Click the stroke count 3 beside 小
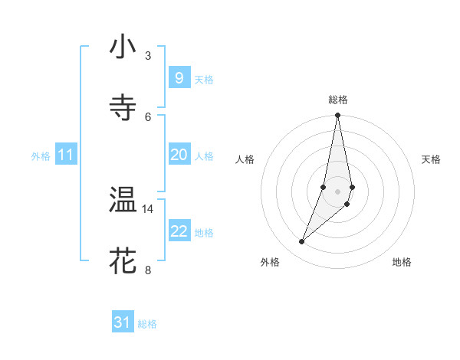148,56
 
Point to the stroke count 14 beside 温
148,208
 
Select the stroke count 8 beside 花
148,270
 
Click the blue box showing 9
179,78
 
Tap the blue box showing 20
179,155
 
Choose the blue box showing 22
179,231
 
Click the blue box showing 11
65,155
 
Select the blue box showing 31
123,323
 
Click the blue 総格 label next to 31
147,324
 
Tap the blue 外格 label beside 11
41,156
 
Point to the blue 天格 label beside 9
204,80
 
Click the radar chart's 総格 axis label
337,100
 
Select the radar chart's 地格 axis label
402,262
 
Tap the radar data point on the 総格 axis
337,116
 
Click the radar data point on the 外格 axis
301,242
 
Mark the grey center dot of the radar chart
337,191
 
